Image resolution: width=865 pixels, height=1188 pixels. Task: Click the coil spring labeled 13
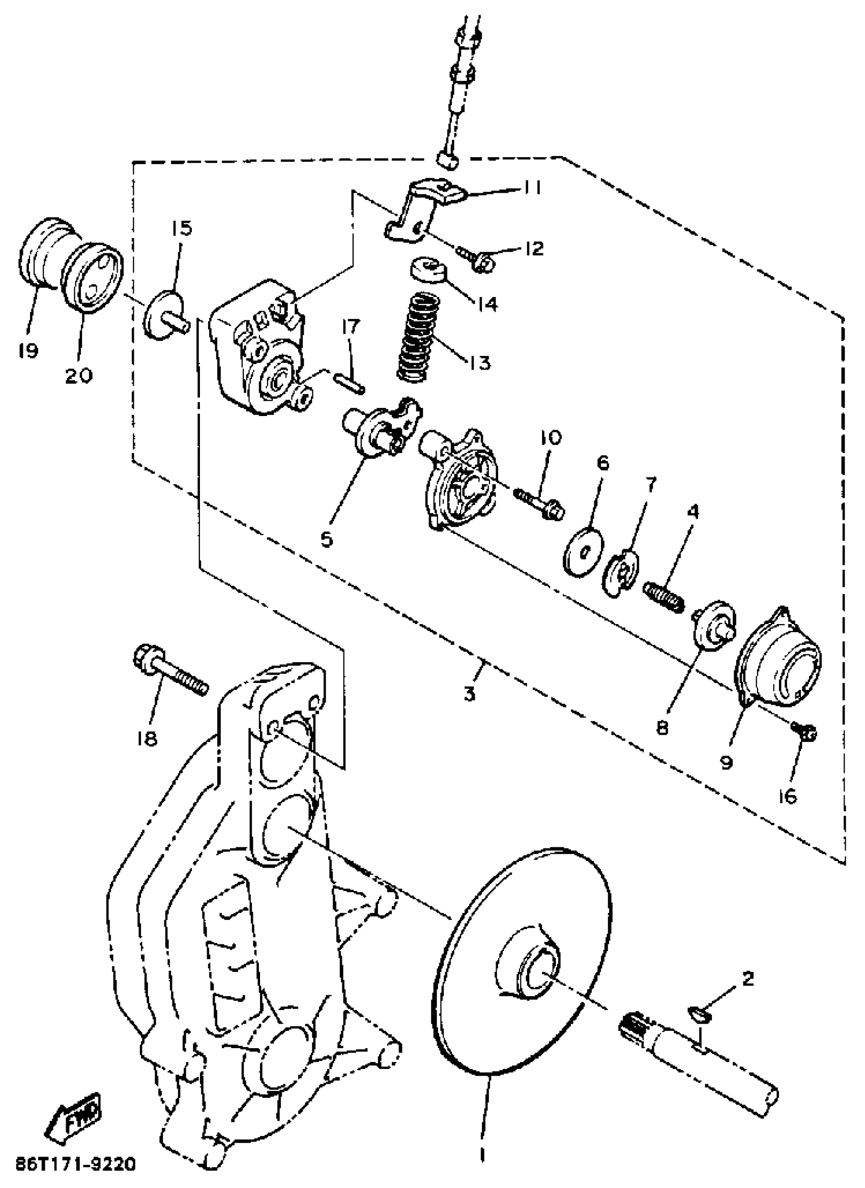coord(417,338)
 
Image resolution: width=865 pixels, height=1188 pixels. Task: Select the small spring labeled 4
coord(664,596)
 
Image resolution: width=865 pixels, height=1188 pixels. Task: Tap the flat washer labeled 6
coord(584,553)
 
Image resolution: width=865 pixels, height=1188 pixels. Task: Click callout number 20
coord(78,375)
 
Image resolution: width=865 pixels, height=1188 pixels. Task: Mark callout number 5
coord(328,539)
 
